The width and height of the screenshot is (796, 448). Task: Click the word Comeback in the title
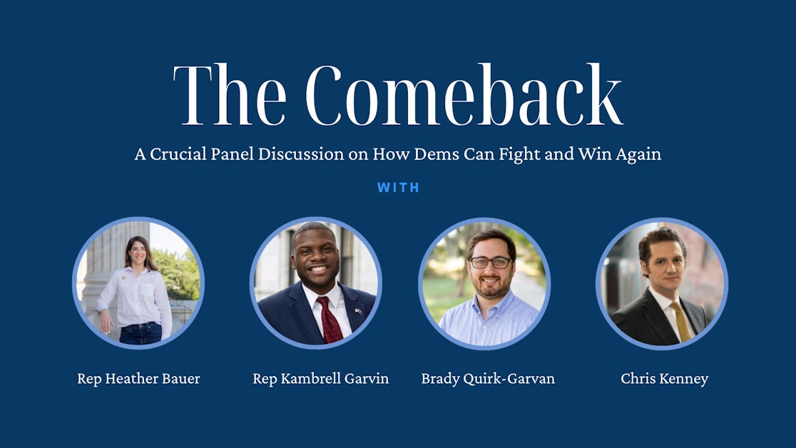464,96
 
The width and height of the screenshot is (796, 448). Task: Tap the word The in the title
228,96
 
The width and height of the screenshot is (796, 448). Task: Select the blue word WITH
398,188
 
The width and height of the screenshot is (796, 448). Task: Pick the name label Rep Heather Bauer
138,379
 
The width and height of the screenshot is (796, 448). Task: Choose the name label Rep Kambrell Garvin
320,379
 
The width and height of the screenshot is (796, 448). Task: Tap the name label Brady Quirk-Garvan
488,379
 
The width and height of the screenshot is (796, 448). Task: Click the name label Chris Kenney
664,379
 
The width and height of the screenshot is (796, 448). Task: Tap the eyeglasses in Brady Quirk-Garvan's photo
490,263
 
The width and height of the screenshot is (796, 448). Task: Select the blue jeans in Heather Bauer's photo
140,332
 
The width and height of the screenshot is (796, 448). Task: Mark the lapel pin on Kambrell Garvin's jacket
357,310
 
